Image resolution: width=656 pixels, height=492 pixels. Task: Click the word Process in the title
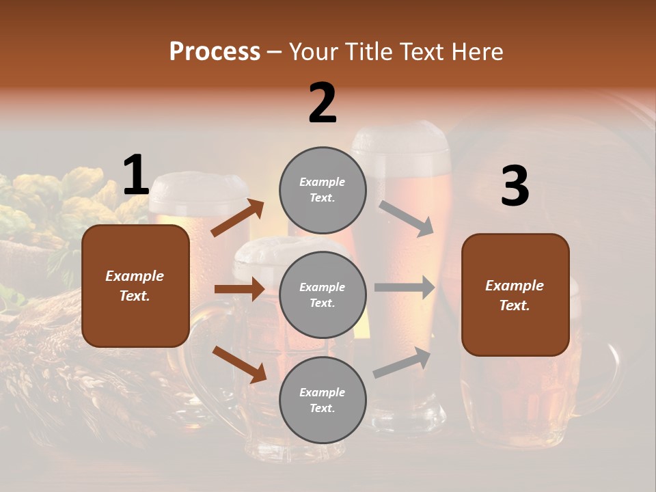click(x=215, y=51)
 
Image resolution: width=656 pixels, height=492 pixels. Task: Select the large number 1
click(x=136, y=176)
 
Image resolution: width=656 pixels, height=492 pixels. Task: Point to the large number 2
click(x=323, y=103)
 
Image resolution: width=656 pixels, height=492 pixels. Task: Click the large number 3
click(x=515, y=187)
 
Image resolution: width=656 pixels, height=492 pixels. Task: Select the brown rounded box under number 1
click(x=135, y=286)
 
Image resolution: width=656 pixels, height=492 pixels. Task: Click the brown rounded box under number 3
click(x=515, y=295)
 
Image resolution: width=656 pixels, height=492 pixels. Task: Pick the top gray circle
click(x=323, y=190)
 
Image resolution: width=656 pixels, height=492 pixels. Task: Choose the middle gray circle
click(x=323, y=295)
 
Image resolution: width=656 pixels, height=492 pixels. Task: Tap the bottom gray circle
click(x=323, y=400)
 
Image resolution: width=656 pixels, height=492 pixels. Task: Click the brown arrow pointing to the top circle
click(x=237, y=218)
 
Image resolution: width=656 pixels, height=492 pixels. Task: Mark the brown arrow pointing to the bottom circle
click(x=239, y=364)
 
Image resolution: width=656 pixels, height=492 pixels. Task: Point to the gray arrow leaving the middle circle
click(x=404, y=287)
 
